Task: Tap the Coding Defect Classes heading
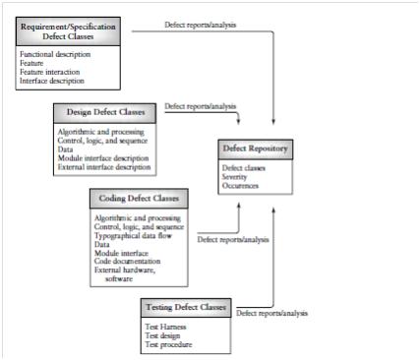[x=137, y=198]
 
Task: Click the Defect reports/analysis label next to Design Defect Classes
[x=200, y=105]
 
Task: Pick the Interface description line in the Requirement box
[x=53, y=81]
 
